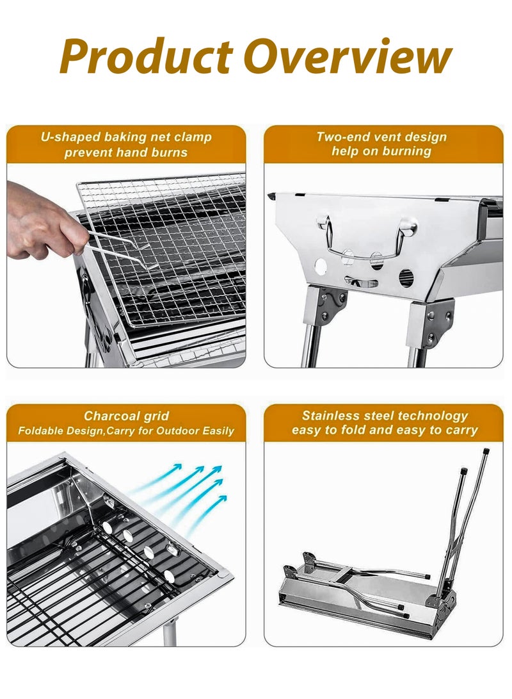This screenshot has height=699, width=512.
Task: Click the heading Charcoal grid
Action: [126, 416]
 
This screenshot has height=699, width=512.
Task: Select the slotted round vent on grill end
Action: [406, 277]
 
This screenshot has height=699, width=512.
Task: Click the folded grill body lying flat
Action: [358, 605]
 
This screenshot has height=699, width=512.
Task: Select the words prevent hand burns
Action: [126, 152]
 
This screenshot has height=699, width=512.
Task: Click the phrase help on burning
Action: [381, 152]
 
